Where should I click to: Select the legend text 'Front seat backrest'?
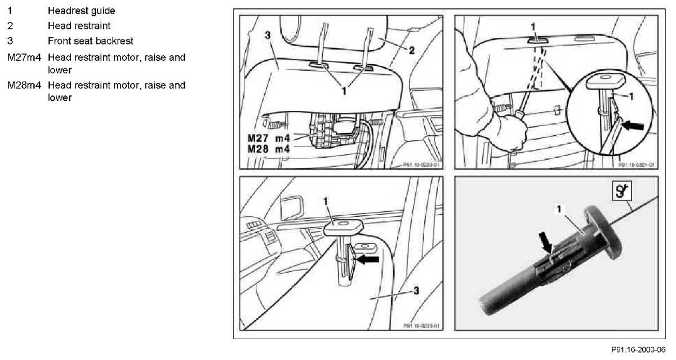[90, 41]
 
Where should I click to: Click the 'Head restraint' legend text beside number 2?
[79, 26]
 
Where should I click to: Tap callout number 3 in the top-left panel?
[268, 35]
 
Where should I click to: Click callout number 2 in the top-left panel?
[412, 50]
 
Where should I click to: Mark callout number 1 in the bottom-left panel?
[325, 201]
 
